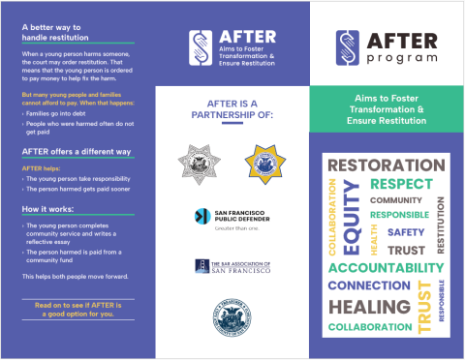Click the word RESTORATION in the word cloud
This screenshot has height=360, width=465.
385,165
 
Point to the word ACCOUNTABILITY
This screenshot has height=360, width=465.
386,267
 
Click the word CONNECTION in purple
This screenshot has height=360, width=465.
368,285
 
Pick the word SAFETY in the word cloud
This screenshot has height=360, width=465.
406,232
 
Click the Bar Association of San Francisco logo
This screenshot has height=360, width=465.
228,266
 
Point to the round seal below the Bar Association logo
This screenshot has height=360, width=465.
229,317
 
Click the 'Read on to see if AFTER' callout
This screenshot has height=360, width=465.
77,310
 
